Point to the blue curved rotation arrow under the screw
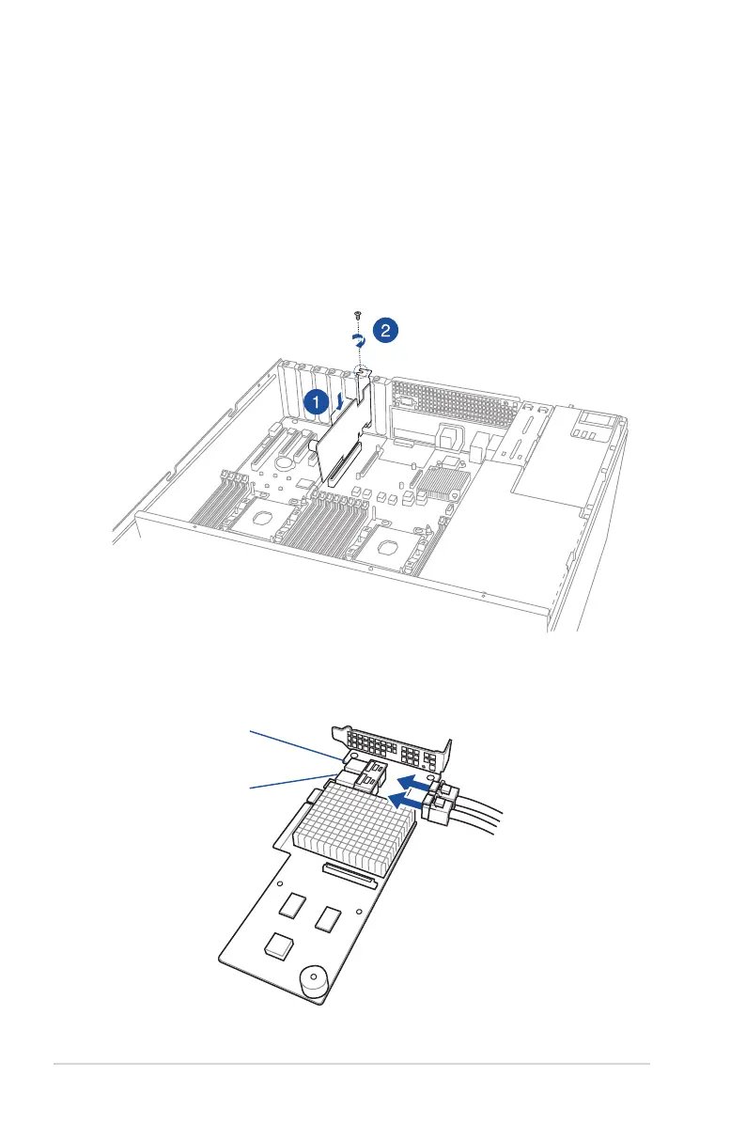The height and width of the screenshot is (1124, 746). [x=357, y=339]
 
